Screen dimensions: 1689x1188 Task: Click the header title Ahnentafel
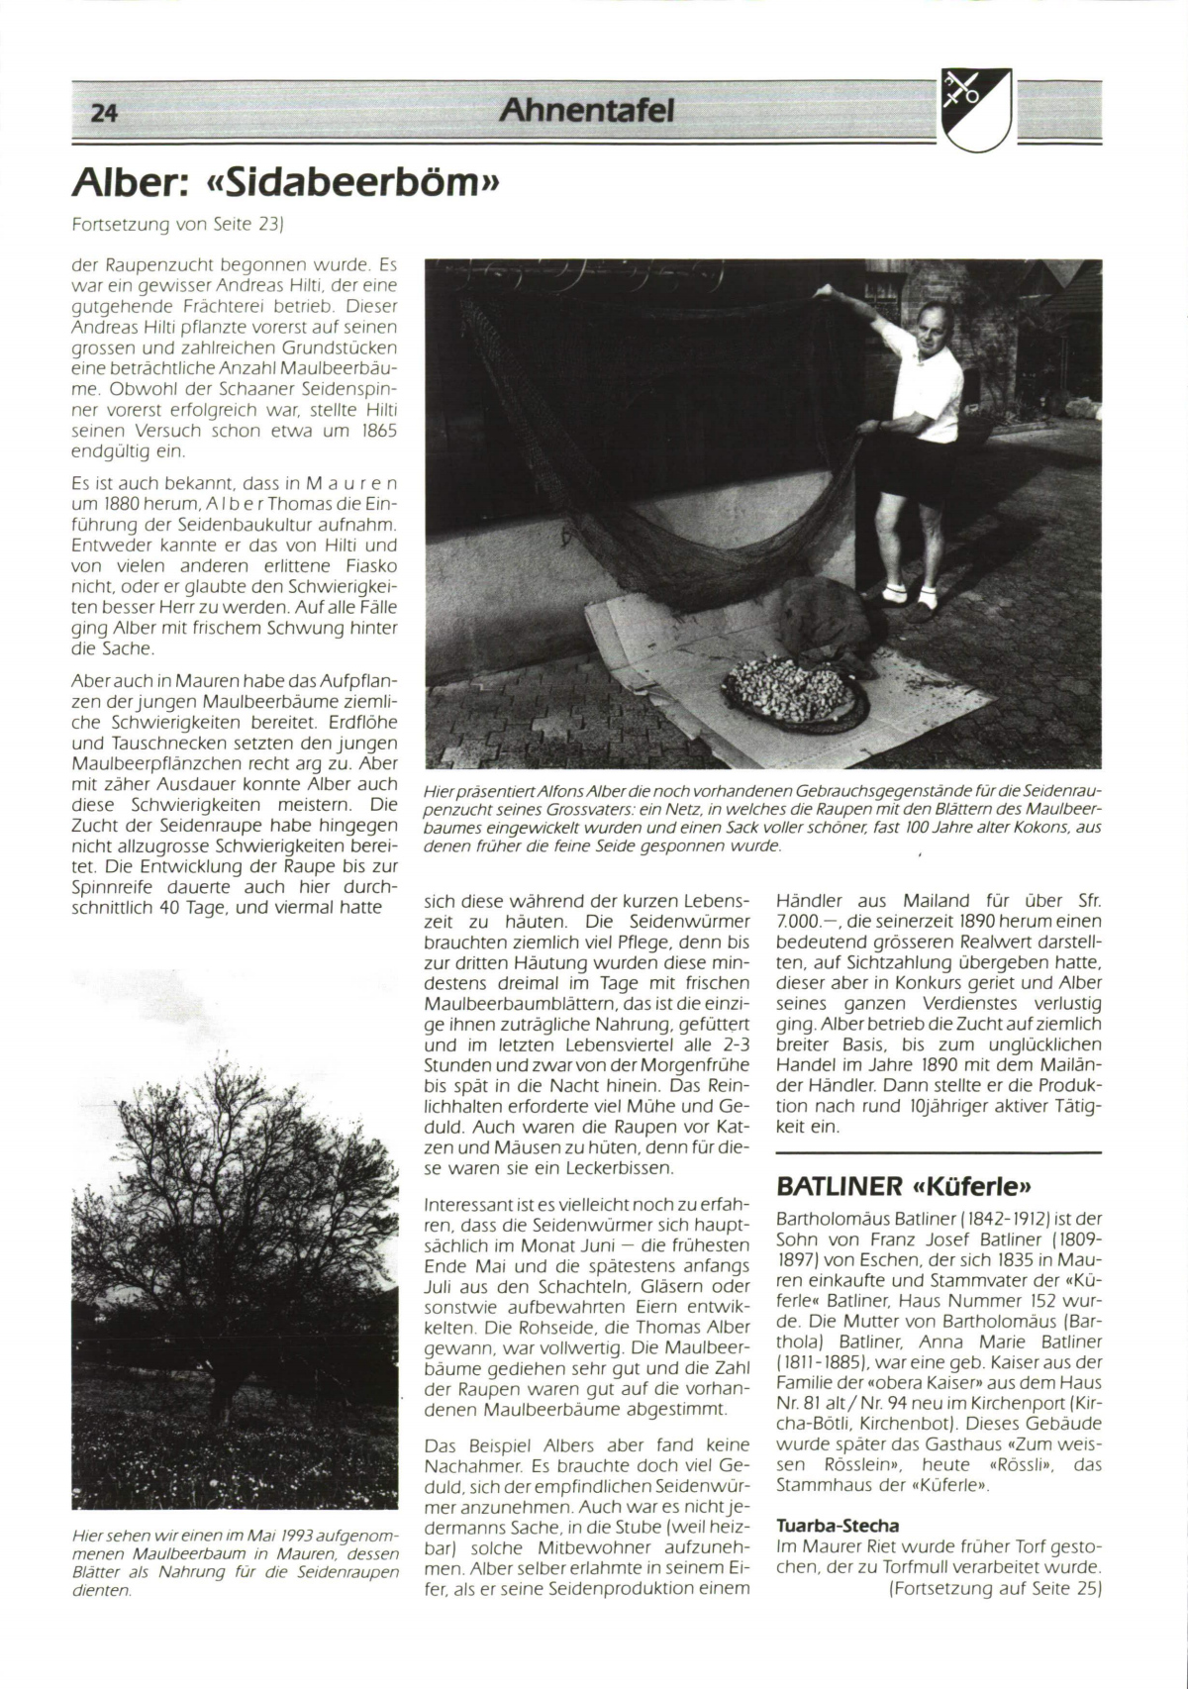click(586, 111)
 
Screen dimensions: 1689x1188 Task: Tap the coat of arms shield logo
click(977, 106)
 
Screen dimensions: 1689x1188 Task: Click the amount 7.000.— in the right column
click(804, 922)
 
